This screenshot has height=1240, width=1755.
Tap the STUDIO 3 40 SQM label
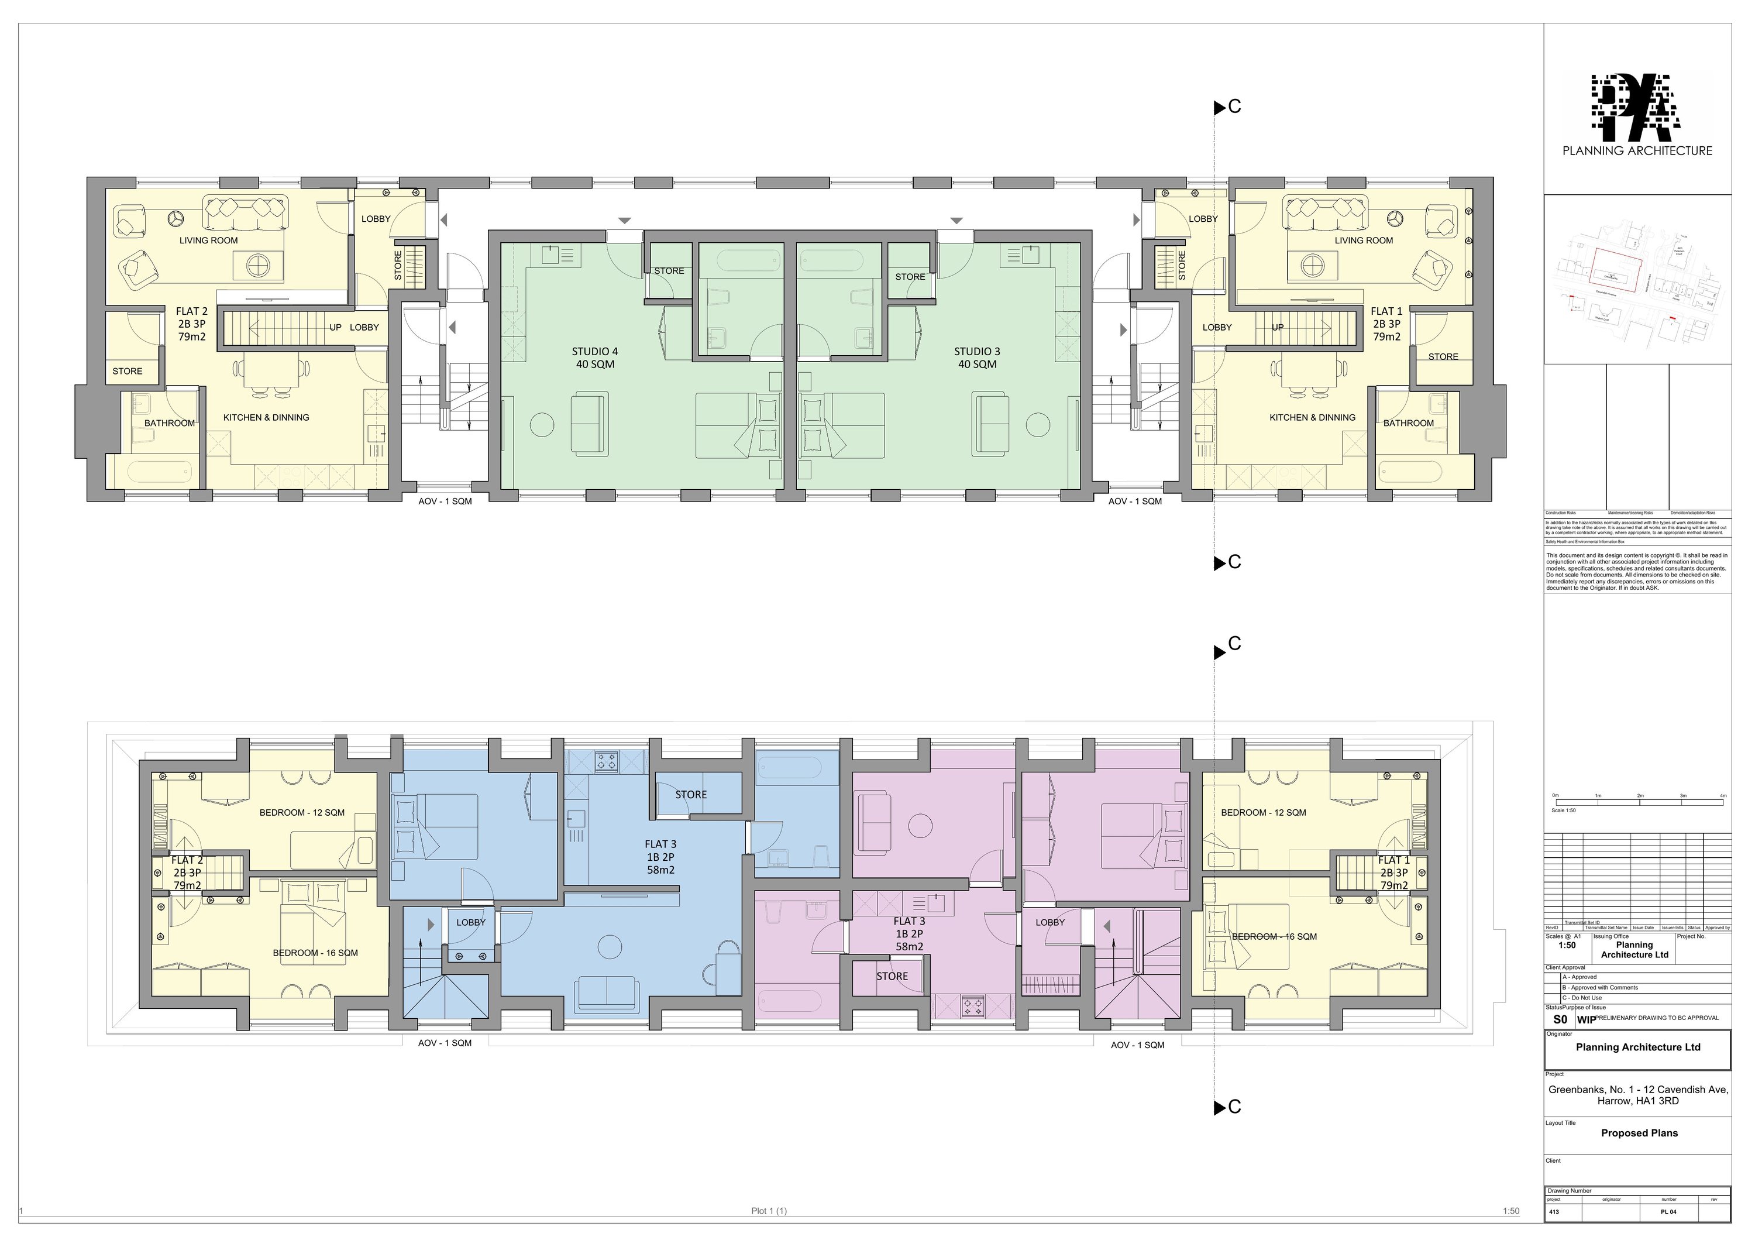pos(977,358)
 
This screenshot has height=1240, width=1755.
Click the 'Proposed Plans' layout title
pos(1639,1133)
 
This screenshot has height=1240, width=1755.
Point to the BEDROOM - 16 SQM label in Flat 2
pos(315,953)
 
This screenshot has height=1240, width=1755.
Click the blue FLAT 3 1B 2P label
pos(660,857)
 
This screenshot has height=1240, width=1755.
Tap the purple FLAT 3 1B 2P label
pos(909,933)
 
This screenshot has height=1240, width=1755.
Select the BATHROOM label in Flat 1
pos(1408,423)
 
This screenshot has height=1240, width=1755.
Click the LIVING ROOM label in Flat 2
pos(209,240)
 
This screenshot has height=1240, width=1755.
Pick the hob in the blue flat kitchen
pos(607,761)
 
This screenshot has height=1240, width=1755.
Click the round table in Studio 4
pos(542,424)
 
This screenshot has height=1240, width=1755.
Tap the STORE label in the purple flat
pos(892,976)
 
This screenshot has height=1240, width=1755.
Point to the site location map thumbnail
pos(1637,279)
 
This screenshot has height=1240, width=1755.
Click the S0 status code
pos(1560,1019)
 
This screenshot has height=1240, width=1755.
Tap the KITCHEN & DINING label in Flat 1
pos(1312,417)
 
